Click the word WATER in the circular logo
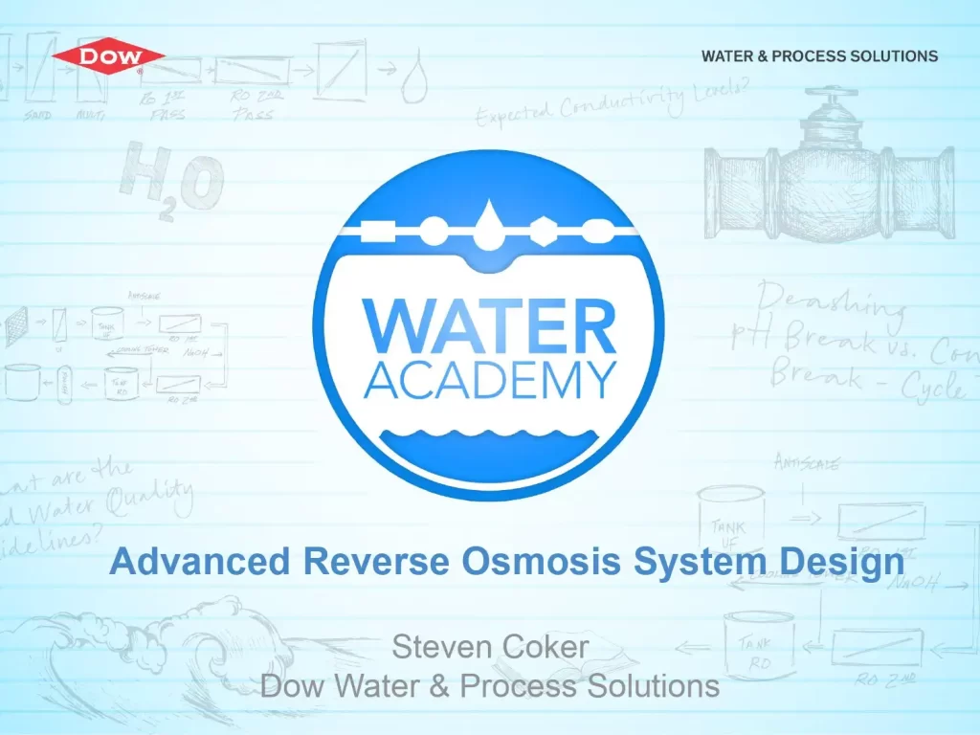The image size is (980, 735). coord(489,327)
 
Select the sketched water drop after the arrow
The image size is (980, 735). coord(414,82)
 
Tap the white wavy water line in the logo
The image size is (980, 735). coord(489,442)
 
